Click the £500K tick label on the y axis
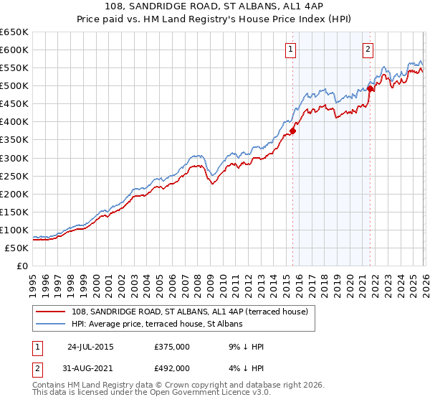[14, 86]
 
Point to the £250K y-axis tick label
[14, 176]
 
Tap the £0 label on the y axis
[21, 266]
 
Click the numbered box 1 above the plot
[291, 50]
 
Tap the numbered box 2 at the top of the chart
[368, 50]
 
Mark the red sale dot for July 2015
[292, 131]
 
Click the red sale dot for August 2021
[371, 88]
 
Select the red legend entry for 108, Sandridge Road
[190, 312]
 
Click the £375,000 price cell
[171, 347]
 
